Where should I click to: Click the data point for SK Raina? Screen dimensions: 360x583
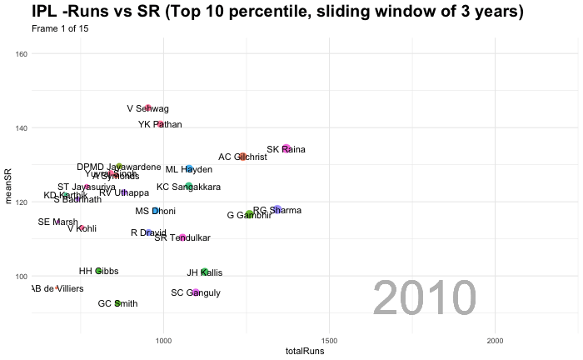(286, 149)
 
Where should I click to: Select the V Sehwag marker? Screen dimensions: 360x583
(148, 108)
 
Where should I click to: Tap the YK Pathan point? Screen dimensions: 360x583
(160, 125)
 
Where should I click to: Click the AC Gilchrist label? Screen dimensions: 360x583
(242, 157)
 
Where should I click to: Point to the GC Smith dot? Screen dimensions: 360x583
(117, 303)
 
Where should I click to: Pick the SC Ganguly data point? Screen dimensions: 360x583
(195, 292)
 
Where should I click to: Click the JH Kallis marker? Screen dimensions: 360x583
(205, 272)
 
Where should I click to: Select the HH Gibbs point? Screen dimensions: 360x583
(98, 271)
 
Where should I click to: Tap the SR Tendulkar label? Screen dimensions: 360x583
(182, 237)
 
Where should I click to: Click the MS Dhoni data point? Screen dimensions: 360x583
(155, 211)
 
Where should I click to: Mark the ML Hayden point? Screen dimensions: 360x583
(189, 169)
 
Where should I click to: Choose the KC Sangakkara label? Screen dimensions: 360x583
(188, 187)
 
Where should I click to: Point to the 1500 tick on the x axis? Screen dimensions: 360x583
(330, 342)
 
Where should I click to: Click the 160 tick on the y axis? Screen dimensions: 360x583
(22, 54)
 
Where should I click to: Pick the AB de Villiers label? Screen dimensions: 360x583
(61, 288)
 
